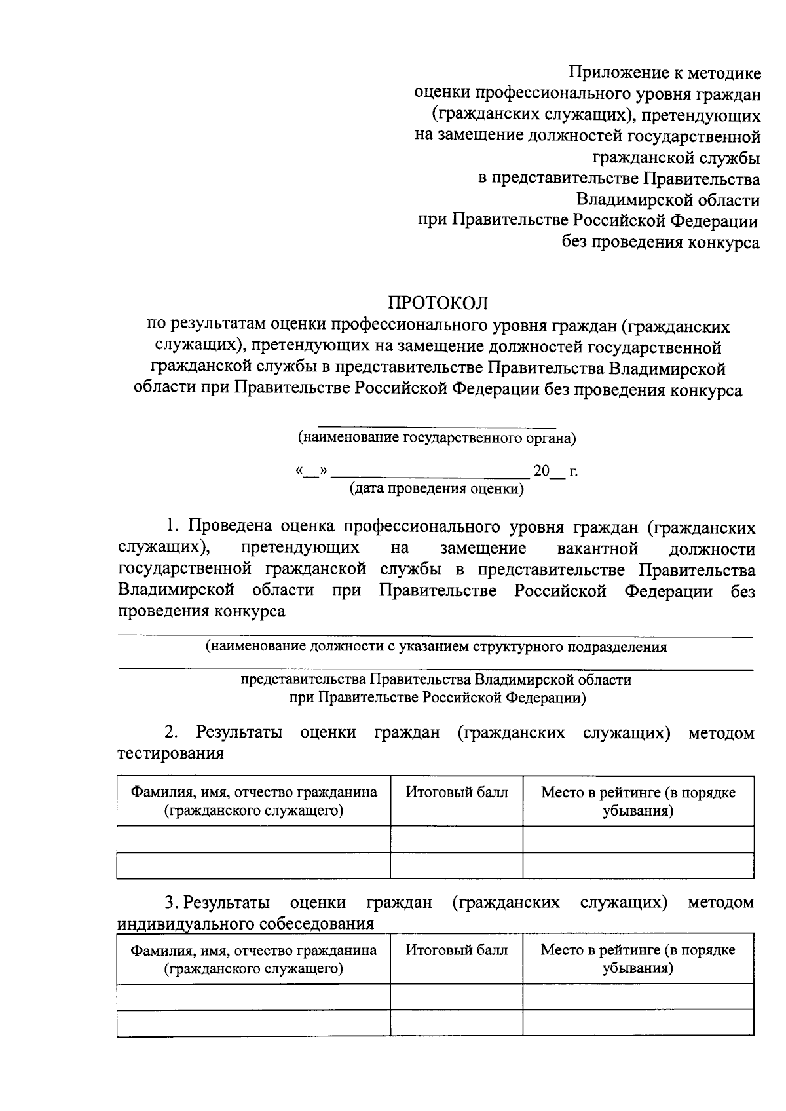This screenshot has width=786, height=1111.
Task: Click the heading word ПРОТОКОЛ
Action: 438,303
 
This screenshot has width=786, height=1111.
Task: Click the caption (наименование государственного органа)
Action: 437,438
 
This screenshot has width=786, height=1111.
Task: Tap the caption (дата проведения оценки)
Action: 436,489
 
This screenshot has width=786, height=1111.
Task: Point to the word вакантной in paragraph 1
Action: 597,548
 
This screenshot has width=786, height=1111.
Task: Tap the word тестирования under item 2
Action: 170,754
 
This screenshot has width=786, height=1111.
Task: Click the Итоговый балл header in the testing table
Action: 457,793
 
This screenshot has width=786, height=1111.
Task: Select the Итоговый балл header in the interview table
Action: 457,950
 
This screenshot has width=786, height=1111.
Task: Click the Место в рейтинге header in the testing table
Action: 638,801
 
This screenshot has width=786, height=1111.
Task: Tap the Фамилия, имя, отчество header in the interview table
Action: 253,959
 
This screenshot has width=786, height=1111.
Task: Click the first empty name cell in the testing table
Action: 253,839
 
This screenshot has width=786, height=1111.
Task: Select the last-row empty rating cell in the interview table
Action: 638,1023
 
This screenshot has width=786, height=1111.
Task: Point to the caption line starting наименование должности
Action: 436,647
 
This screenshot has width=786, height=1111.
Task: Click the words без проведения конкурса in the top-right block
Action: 661,243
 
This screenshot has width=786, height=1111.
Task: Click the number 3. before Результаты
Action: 172,903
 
